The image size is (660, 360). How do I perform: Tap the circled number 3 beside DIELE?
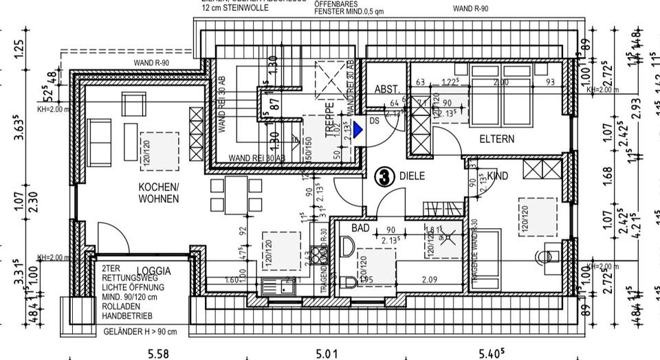(x=383, y=177)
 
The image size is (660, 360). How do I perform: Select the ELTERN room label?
(x=497, y=139)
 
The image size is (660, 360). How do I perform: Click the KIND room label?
(x=497, y=177)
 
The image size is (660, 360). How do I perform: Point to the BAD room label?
(x=361, y=227)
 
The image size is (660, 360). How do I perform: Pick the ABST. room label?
(x=386, y=90)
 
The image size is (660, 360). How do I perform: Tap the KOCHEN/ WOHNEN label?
(x=158, y=193)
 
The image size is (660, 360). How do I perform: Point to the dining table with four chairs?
(x=236, y=194)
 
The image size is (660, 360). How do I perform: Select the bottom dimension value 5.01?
(x=327, y=354)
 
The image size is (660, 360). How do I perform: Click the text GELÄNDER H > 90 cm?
(x=140, y=331)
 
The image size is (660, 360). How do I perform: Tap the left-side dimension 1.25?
(x=19, y=49)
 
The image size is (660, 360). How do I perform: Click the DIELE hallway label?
(x=412, y=176)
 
